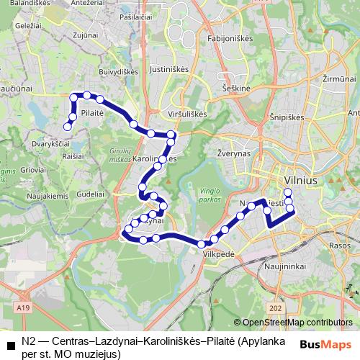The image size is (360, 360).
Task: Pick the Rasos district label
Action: tap(338, 245)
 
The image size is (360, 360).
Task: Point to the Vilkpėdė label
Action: tap(219, 254)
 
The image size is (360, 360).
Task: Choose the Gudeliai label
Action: tap(90, 194)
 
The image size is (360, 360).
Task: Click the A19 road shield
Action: tap(24, 307)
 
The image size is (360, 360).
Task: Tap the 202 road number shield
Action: tap(275, 307)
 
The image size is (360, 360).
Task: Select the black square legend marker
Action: tap(10, 346)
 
